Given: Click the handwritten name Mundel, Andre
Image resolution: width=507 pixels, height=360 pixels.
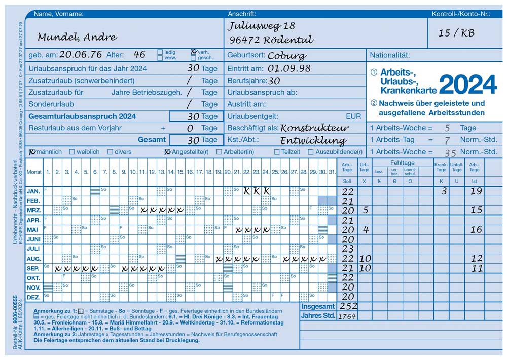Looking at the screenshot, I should click(77, 37).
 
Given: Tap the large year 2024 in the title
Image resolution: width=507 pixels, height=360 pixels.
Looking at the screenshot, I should click(467, 84).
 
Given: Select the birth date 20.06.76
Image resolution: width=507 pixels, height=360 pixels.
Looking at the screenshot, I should click(81, 55).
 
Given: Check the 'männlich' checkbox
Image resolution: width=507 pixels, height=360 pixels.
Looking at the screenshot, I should click(32, 152).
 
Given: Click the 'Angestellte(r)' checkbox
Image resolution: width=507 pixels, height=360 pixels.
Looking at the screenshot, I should click(167, 152).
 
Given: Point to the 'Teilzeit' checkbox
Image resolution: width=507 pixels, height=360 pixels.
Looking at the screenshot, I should click(277, 152).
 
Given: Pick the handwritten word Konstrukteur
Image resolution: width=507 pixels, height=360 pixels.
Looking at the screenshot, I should click(314, 128).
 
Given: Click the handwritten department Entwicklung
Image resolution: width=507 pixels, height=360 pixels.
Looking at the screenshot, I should click(313, 140).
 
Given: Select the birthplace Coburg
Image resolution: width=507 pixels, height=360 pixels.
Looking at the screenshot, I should click(286, 56).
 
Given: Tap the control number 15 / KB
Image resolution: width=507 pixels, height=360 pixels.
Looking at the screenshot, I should click(456, 33).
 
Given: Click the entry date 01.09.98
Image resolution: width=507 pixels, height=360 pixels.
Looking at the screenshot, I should click(289, 68).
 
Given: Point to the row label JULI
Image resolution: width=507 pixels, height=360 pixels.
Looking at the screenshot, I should click(33, 249).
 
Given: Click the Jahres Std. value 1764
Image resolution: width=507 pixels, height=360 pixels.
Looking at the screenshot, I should click(347, 316).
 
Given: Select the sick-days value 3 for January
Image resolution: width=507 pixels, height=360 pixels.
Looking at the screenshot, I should click(444, 191).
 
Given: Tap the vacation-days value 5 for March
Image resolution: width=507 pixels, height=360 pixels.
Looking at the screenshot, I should click(365, 210).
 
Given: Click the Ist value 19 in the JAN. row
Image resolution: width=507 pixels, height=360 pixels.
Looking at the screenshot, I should click(476, 191).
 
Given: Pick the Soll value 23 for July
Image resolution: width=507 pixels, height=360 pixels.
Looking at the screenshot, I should click(348, 249).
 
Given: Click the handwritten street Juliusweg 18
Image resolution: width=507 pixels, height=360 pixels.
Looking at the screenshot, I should click(261, 26).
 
